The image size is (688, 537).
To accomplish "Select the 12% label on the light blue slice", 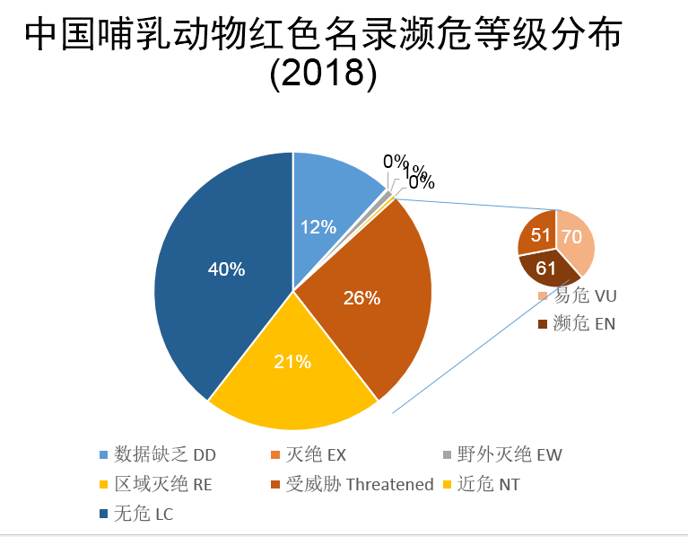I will (x=318, y=227).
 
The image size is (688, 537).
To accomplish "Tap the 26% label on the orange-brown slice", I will (x=361, y=297).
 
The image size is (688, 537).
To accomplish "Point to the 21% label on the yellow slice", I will (x=292, y=362).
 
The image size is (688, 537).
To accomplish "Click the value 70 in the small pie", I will (x=571, y=237).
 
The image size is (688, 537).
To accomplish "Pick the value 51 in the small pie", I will (x=541, y=236).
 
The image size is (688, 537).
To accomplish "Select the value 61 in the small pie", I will (x=546, y=268).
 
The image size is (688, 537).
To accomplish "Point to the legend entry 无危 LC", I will (x=140, y=515).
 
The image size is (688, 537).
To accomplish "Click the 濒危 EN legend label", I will (x=584, y=323).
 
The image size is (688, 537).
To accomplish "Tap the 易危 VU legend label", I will (x=584, y=296).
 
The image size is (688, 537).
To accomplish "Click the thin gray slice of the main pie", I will (x=388, y=194).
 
